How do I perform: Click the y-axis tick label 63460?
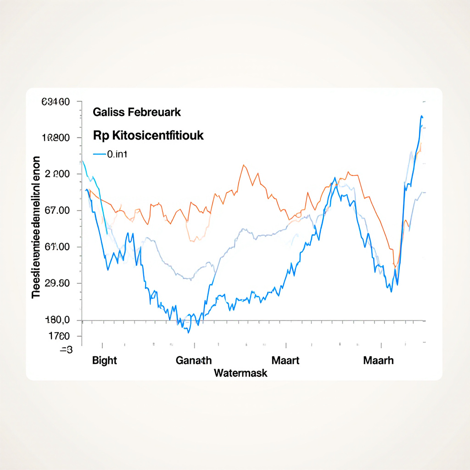[56, 102]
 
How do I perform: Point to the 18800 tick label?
[56, 138]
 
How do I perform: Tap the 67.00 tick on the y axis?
[55, 211]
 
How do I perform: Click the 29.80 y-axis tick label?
[55, 283]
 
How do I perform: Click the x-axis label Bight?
[105, 360]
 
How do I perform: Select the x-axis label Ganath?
[194, 360]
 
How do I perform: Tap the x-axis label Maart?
[285, 360]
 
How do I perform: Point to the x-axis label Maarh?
[378, 360]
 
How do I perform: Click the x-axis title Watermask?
[241, 373]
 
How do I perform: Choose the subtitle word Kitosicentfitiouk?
[155, 136]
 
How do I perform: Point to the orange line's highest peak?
[243, 165]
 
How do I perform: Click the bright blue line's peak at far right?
[421, 116]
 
